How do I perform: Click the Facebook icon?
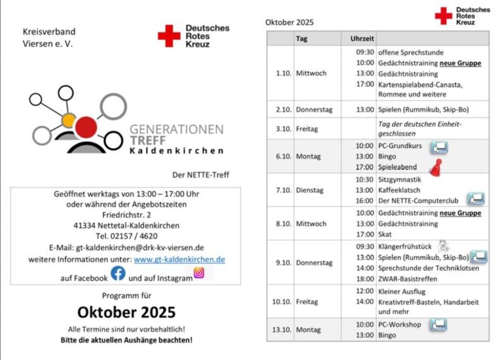(x=118, y=274)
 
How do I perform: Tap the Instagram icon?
(x=199, y=273)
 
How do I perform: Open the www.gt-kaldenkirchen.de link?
(x=179, y=259)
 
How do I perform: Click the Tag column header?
(x=302, y=39)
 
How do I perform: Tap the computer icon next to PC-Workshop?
(x=438, y=325)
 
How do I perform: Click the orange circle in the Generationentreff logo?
(x=69, y=119)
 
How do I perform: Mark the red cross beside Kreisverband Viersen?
(x=169, y=36)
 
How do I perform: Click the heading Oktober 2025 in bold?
(x=126, y=312)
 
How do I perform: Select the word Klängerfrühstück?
(x=404, y=246)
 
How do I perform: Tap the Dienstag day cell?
(x=310, y=190)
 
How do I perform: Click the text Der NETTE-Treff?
(x=201, y=175)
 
